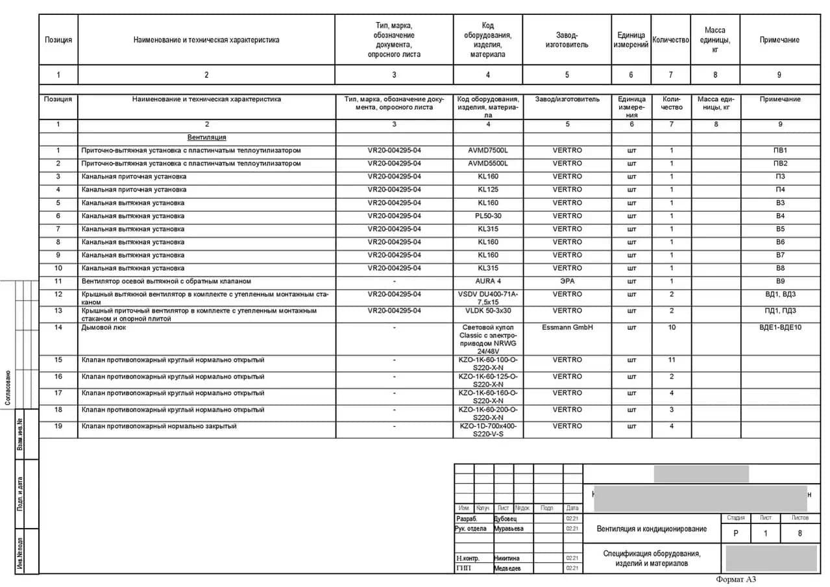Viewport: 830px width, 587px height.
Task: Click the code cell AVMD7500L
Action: tap(488, 151)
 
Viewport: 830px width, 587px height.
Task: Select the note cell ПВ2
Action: tap(780, 164)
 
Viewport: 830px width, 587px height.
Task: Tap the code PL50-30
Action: tap(488, 216)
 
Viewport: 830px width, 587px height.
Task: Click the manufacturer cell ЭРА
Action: tap(567, 281)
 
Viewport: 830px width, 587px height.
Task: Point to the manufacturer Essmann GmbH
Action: tap(567, 327)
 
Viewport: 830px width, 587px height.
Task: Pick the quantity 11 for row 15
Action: tap(672, 360)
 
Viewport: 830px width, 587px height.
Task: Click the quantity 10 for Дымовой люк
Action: tap(672, 327)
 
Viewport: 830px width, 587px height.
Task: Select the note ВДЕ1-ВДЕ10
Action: tap(780, 327)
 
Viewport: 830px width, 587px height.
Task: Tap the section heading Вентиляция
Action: tap(206, 138)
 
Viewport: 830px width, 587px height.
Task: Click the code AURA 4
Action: tap(488, 281)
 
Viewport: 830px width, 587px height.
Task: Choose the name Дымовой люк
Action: tap(104, 327)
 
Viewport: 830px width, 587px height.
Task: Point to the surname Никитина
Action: tap(506, 558)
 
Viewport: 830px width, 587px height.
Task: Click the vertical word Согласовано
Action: tap(8, 388)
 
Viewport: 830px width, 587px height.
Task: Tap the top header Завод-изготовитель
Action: tap(567, 40)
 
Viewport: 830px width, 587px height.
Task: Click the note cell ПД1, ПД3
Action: tap(780, 310)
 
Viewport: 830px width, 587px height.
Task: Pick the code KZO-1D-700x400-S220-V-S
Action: tap(488, 430)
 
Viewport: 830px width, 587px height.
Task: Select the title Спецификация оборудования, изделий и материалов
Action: tap(652, 558)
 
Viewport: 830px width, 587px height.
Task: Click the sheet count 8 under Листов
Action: tap(799, 533)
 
